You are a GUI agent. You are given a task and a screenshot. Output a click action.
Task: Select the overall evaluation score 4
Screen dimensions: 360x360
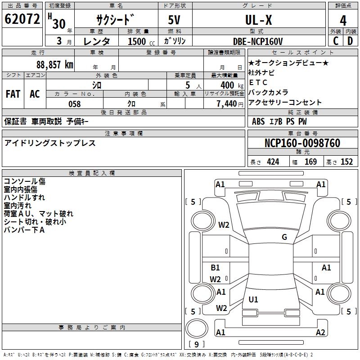343,21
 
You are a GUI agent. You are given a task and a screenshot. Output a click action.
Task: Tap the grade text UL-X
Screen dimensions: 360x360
258,20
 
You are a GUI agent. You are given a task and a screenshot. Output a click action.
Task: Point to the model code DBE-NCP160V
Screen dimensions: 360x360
258,41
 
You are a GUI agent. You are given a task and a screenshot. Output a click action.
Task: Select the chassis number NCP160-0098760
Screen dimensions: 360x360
302,143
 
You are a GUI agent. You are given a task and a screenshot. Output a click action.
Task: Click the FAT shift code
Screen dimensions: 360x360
13,94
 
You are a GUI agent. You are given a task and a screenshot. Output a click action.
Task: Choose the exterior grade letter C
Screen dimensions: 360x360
335,41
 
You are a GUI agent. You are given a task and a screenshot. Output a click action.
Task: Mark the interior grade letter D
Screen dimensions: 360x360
350,41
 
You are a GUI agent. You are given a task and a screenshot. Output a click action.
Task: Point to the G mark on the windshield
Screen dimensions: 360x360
284,237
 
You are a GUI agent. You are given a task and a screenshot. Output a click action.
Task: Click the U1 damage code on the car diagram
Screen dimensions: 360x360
253,299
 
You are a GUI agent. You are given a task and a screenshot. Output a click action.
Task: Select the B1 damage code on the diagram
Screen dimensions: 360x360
215,268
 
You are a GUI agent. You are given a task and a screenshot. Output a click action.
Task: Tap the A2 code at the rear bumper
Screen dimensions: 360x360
320,333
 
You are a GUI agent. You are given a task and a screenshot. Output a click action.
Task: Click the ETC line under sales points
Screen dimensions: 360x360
258,82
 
